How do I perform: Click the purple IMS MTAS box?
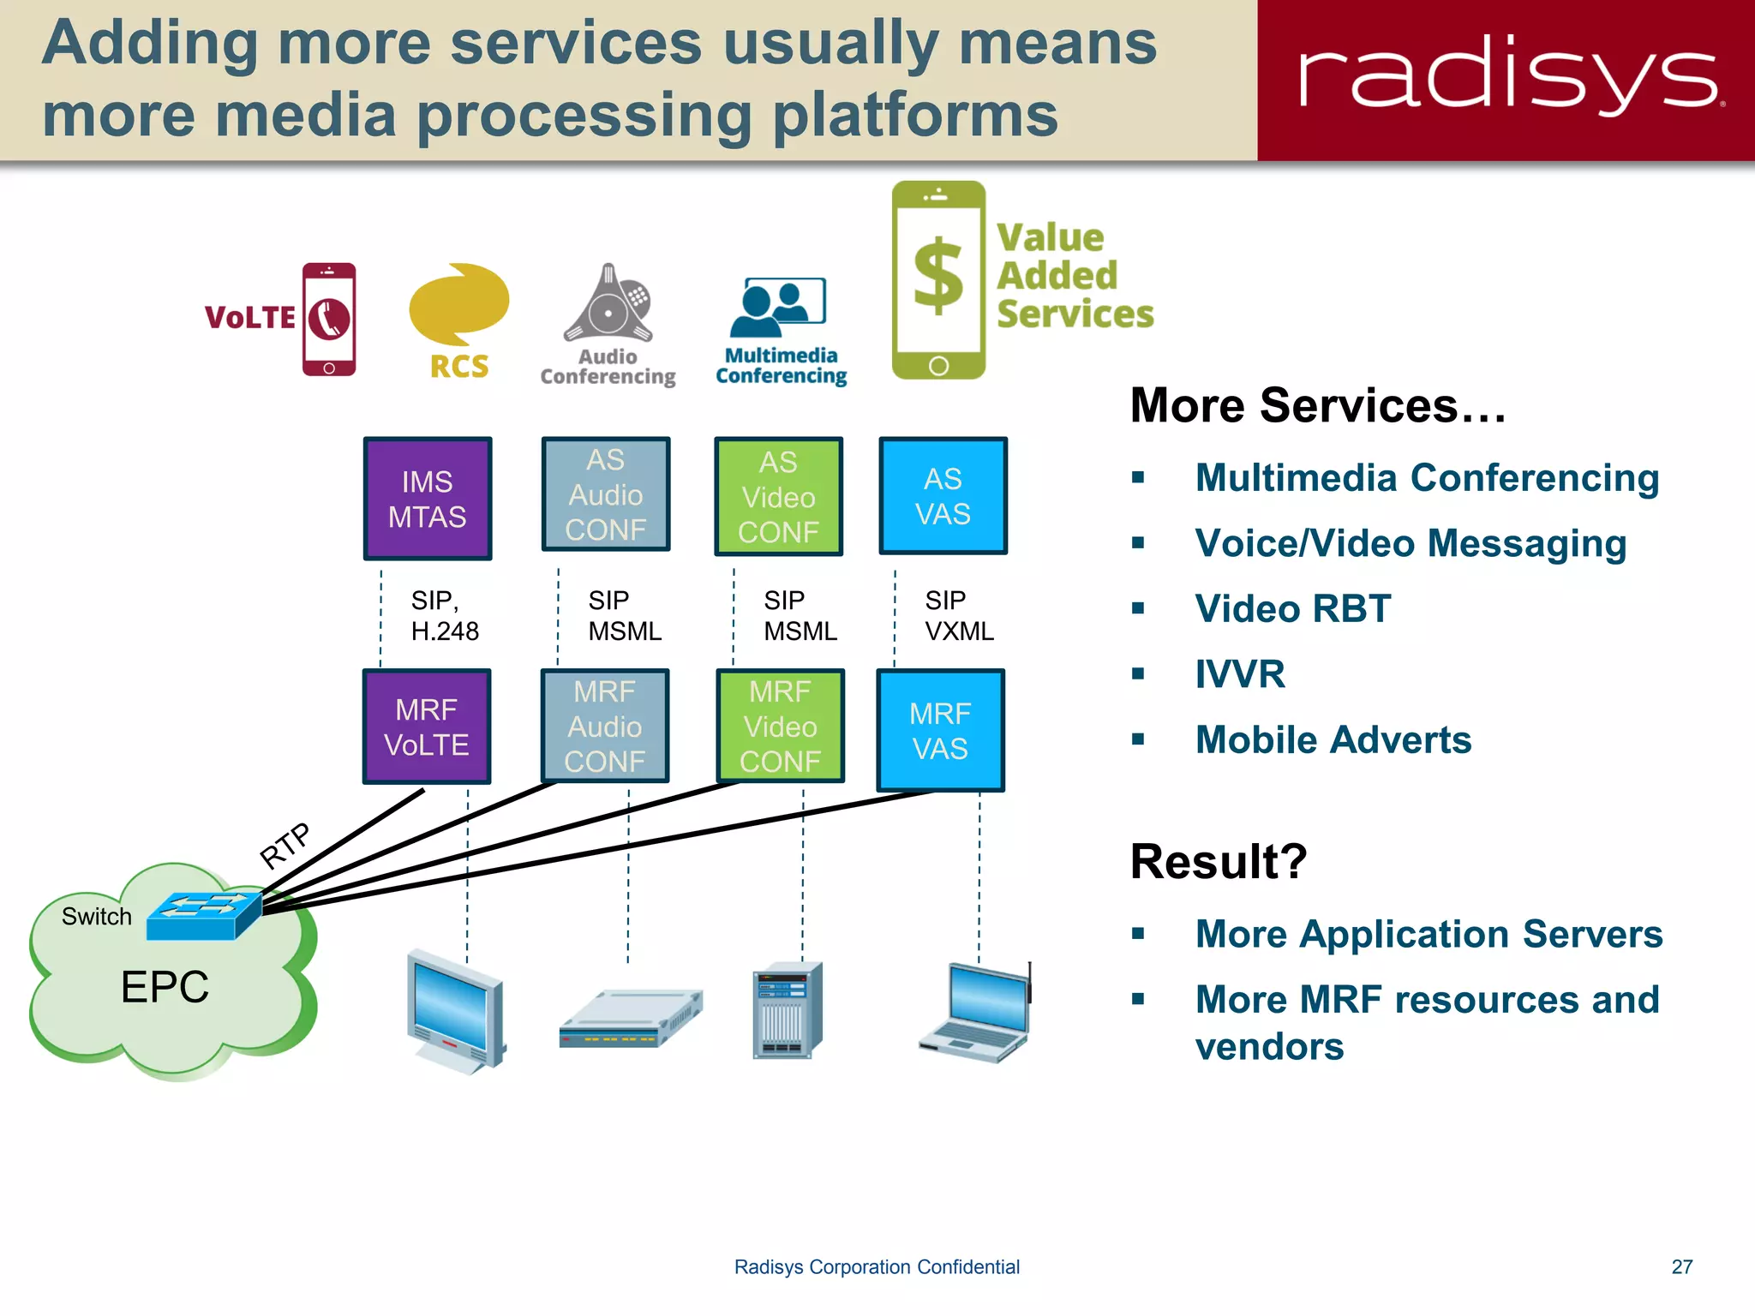(x=428, y=499)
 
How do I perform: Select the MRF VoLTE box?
(x=427, y=727)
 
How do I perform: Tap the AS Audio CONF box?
(x=606, y=494)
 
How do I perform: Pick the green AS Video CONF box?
(x=778, y=497)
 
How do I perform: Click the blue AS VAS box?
(x=943, y=496)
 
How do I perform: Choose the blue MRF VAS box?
(x=940, y=731)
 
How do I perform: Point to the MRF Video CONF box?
(x=780, y=727)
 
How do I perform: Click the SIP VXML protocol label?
(x=958, y=615)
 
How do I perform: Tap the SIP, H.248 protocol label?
(x=443, y=615)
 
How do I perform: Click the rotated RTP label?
(x=285, y=845)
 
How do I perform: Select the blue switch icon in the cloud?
(x=204, y=916)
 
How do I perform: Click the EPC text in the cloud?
(x=165, y=986)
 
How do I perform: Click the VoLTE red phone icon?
(x=329, y=319)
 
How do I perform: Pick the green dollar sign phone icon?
(x=938, y=280)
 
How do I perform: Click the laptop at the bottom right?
(x=975, y=1013)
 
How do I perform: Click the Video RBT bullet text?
(x=1292, y=609)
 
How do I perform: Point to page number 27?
(x=1681, y=1266)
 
